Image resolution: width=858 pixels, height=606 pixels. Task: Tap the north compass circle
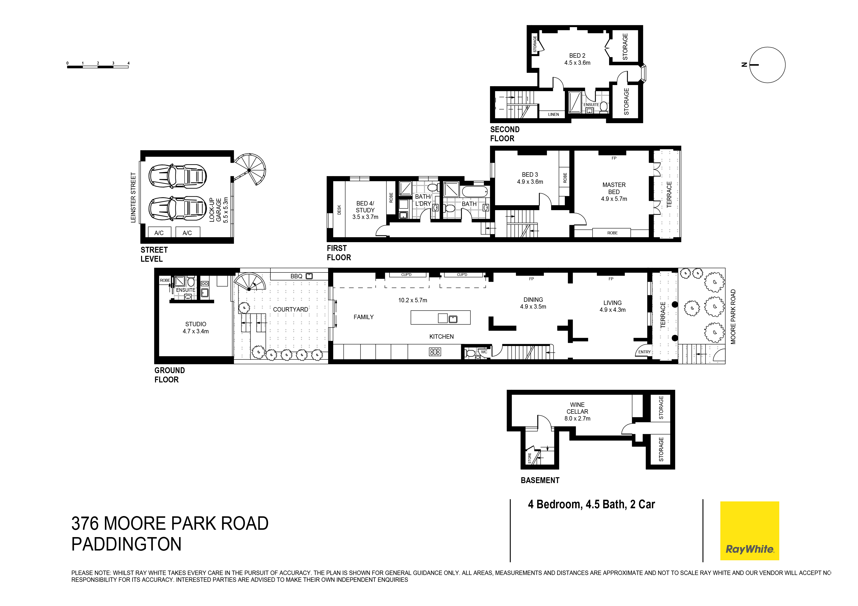767,65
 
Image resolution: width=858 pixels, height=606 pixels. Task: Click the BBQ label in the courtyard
296,276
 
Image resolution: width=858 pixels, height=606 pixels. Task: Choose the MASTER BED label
614,188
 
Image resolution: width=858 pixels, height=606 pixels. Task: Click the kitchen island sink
453,319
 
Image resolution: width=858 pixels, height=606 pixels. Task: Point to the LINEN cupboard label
553,114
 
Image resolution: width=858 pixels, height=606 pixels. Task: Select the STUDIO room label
195,324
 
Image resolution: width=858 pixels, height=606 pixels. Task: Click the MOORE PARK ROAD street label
733,317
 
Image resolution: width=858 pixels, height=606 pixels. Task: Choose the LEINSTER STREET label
133,197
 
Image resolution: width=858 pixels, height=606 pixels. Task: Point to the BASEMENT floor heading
540,481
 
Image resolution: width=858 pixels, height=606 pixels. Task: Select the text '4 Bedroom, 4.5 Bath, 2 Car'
591,504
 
